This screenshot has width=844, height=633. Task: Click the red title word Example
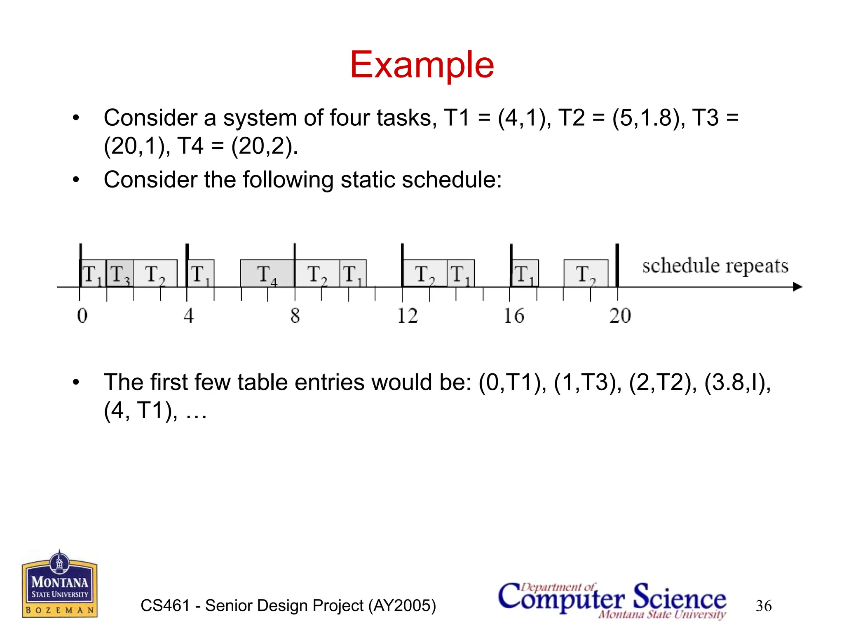click(x=422, y=65)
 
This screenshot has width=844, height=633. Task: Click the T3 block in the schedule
click(x=120, y=274)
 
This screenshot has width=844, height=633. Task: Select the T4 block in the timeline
click(x=267, y=274)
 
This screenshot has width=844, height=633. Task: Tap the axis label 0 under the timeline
click(x=82, y=316)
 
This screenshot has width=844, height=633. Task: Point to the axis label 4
click(x=188, y=316)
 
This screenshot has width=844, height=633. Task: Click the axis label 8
click(x=295, y=316)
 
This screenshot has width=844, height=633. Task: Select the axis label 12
click(x=407, y=316)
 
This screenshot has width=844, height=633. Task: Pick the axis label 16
click(x=514, y=316)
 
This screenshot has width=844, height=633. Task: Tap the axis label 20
click(x=620, y=316)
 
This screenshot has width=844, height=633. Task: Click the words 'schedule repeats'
click(x=715, y=266)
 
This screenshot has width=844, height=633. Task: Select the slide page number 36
click(x=764, y=606)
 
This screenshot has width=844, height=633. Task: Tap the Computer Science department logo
click(x=612, y=600)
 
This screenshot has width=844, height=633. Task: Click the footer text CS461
click(x=165, y=606)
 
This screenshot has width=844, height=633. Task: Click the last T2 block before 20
click(x=586, y=274)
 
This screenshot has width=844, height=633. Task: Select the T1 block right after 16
click(x=525, y=274)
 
